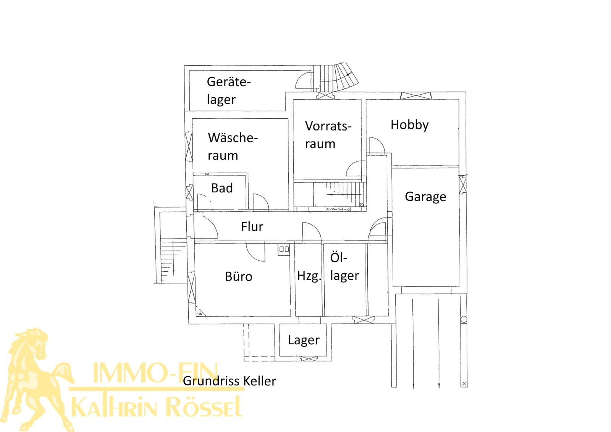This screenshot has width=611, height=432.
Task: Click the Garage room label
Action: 425,197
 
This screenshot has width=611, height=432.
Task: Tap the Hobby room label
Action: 409,125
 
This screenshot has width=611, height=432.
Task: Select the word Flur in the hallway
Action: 252,227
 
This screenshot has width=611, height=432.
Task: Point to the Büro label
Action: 239,276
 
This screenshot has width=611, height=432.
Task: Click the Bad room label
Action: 222,188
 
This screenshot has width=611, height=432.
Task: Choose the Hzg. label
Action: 309,276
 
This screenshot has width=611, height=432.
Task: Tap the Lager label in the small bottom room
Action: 304,340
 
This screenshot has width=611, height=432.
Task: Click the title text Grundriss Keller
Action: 229,381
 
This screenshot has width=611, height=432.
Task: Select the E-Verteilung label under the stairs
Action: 338,209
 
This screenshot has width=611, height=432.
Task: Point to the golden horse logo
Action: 36,378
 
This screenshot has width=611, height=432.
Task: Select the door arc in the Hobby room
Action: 377,145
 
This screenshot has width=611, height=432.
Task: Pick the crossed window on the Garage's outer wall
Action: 462,185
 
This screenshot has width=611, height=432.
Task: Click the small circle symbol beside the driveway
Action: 464,319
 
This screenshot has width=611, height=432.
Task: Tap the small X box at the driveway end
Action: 464,384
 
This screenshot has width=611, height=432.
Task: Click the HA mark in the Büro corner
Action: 200,313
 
